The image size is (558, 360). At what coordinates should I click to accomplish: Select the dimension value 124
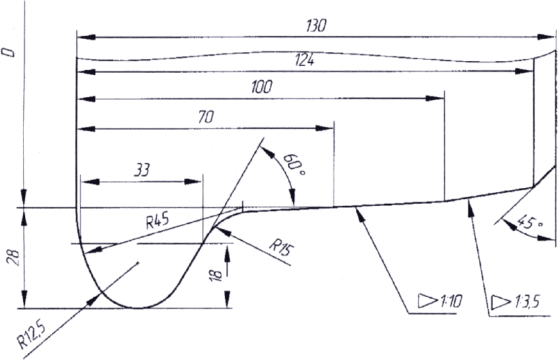[x=304, y=60]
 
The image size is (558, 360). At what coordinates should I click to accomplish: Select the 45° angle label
[x=524, y=221]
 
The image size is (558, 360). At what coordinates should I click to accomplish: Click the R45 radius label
[x=157, y=222]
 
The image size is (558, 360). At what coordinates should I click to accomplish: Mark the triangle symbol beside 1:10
[x=426, y=300]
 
